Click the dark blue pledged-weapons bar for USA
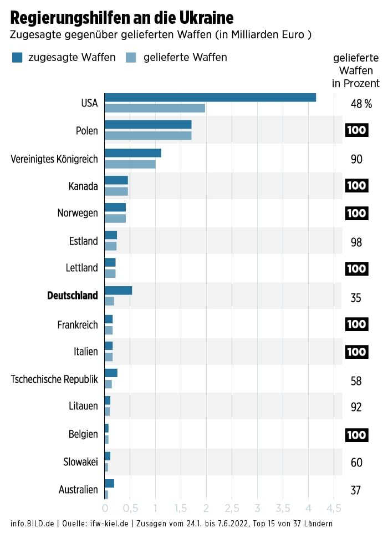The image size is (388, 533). [x=210, y=98]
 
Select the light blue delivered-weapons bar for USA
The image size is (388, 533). [x=155, y=108]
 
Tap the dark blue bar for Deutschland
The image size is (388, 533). [x=118, y=291]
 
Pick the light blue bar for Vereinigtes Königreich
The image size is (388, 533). [x=130, y=164]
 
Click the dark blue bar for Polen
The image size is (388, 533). [x=148, y=125]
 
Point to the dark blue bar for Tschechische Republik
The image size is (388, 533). [x=111, y=373]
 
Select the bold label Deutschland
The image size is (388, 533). [x=72, y=296]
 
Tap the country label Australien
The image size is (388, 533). [x=78, y=490]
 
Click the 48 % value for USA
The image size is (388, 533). [x=361, y=104]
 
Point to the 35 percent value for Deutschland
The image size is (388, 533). [x=356, y=298]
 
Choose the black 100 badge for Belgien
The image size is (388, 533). [x=356, y=435]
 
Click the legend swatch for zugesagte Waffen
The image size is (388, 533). [x=17, y=57]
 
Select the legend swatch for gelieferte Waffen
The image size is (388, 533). [x=131, y=57]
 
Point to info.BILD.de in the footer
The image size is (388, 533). [x=32, y=524]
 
